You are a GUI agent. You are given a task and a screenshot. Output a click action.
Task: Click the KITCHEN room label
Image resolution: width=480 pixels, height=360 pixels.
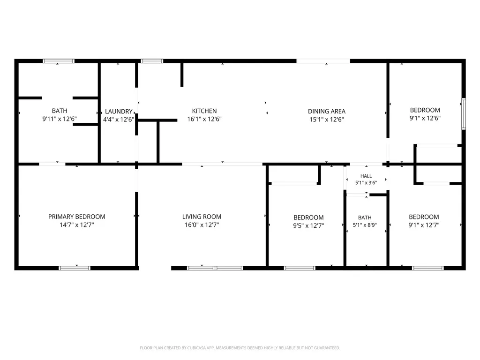204,111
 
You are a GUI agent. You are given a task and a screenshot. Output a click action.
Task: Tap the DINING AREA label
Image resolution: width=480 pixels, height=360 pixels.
327,111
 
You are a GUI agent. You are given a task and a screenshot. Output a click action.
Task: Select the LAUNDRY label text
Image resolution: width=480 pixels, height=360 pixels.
119,112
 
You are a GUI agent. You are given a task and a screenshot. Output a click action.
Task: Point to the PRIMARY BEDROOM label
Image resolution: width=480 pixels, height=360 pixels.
77,217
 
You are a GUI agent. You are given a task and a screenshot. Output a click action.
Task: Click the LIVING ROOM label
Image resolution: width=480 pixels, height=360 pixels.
202,217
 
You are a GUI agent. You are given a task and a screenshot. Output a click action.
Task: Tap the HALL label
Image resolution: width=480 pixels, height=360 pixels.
366,176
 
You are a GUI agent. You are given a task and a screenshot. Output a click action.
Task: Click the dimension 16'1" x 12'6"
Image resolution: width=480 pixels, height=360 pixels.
204,119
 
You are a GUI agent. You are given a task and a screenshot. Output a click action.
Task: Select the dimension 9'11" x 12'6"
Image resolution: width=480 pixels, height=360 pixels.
60,119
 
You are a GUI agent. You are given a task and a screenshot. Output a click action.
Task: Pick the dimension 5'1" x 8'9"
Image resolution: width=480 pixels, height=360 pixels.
365,225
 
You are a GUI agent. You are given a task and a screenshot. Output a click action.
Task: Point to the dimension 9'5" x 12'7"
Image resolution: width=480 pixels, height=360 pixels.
308,225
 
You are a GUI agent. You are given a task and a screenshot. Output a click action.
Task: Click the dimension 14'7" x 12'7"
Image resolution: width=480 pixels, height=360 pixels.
77,225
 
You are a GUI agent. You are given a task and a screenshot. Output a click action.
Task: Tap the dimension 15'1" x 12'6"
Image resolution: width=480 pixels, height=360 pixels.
327,120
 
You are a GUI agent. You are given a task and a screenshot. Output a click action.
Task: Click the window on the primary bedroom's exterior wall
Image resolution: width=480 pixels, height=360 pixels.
75,268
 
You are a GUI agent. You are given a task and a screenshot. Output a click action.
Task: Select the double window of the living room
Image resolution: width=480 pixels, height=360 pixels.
215,268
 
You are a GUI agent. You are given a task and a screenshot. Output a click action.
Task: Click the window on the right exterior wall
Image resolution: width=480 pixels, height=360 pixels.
464,114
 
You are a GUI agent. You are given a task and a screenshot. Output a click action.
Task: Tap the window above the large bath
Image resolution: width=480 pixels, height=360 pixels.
59,61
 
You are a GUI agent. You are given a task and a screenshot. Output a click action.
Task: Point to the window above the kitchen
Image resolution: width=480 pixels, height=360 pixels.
152,61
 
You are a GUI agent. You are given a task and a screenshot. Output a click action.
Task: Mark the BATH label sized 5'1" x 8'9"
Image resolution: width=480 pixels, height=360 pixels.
365,217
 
